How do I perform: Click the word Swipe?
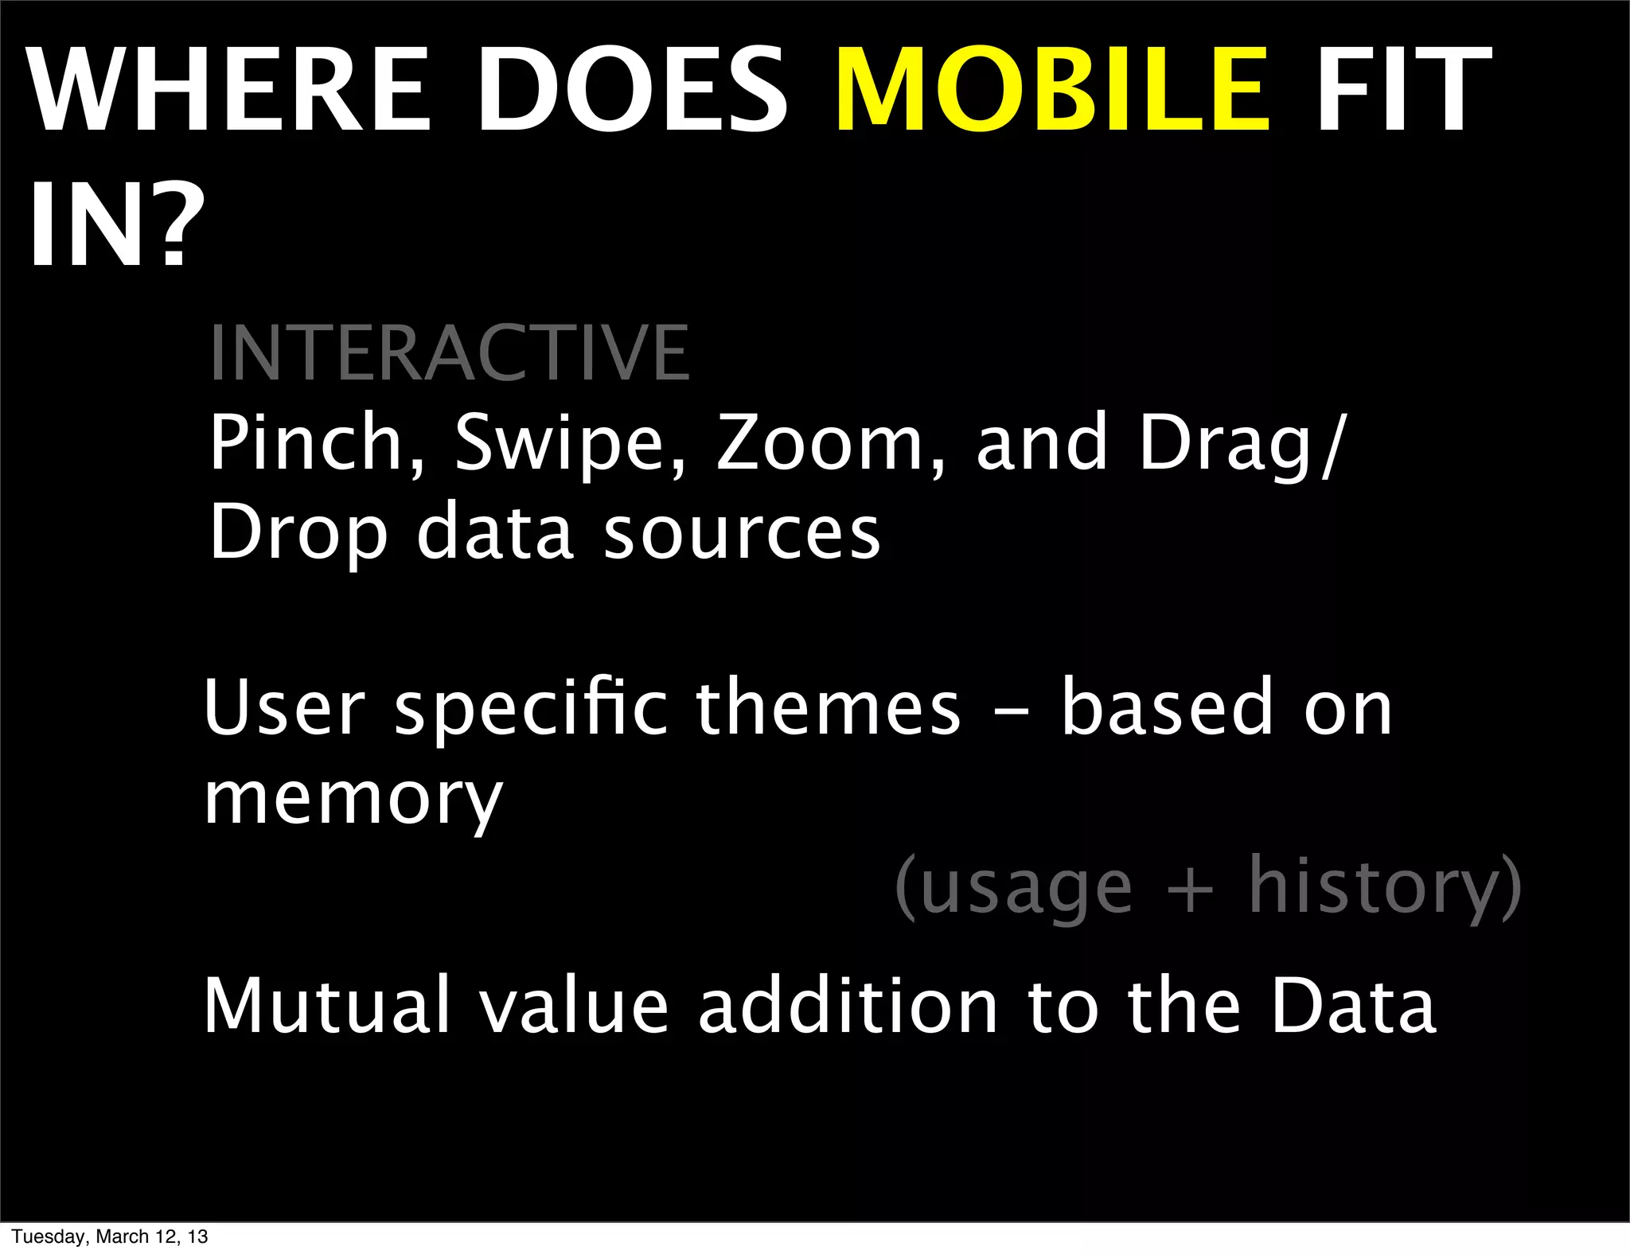[x=568, y=444]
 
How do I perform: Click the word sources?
[x=742, y=532]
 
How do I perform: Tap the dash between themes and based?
[x=1011, y=711]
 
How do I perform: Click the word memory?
[x=353, y=800]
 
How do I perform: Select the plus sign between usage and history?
[x=1189, y=889]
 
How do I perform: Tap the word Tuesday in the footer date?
[x=49, y=1236]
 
